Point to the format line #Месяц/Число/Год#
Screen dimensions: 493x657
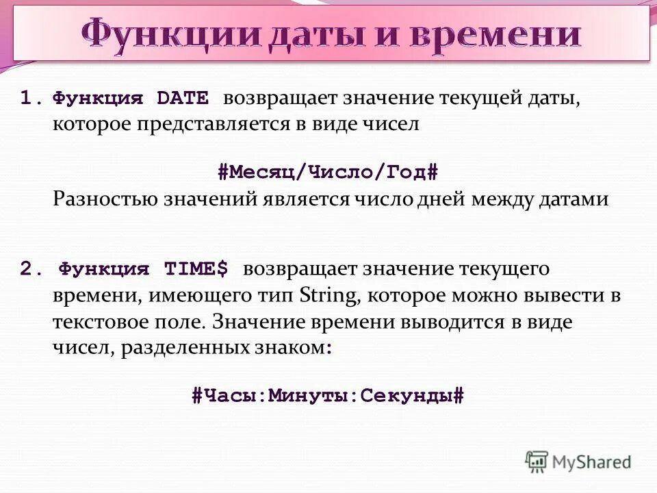[x=328, y=171]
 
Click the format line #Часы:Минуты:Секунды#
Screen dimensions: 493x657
[x=328, y=395]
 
